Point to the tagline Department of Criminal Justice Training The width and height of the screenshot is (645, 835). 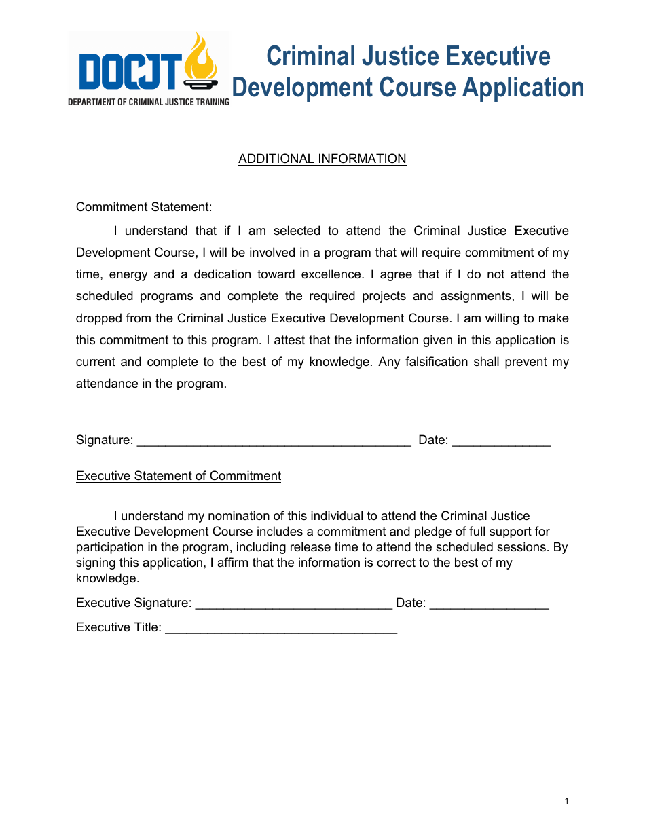coord(149,102)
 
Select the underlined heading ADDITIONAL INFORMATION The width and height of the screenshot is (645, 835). coord(322,159)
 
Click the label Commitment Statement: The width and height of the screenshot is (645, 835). coord(144,207)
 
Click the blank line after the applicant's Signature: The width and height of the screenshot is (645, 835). coord(274,441)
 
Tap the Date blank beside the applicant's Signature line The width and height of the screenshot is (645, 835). coord(500,441)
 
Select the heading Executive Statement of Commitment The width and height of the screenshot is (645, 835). coord(178,476)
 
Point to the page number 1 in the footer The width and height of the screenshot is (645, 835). coord(566,802)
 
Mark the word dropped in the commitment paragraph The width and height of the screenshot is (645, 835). coord(98,318)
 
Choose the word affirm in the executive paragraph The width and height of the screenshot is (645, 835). coord(235,563)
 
